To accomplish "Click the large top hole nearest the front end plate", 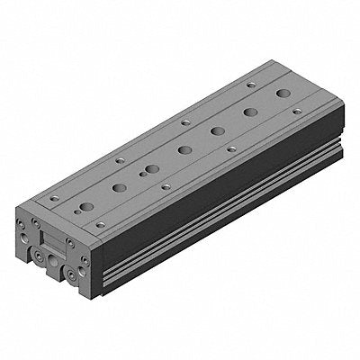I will click(x=86, y=207).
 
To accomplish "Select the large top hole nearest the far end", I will click(x=283, y=94).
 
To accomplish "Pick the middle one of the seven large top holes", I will click(x=185, y=149).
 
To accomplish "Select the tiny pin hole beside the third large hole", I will click(x=141, y=173).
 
